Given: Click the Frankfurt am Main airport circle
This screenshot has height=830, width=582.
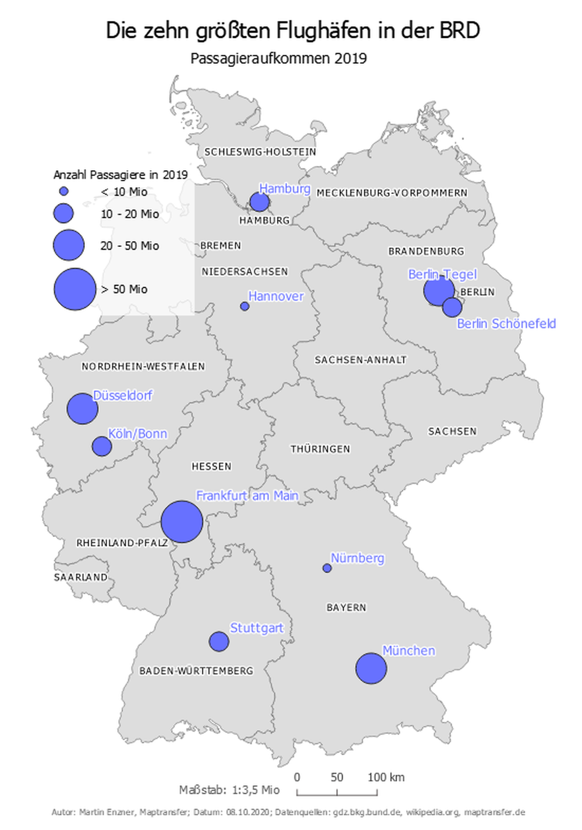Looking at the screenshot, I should coord(182,522).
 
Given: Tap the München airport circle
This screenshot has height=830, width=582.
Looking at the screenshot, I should coord(371,668).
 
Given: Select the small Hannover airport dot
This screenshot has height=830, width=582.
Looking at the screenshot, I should coord(244,306).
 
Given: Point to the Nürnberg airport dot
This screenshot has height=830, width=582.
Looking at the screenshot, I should coord(327,568).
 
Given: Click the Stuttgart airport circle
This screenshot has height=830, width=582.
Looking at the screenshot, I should coord(219,641).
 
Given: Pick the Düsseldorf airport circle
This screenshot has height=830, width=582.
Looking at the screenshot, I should coord(82,408).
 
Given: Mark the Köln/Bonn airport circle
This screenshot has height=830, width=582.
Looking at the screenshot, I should coord(102,447).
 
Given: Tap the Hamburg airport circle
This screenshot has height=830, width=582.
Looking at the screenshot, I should coord(259,202).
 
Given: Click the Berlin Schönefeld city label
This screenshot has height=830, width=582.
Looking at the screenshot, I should coord(506,324).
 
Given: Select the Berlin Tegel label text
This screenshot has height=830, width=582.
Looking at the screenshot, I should coord(442,274).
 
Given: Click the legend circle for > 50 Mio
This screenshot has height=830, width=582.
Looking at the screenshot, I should coord(74,289).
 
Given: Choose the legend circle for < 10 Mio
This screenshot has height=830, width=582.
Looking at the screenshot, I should coord(64,191).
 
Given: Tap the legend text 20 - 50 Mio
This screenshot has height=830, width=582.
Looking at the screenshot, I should coord(130,246).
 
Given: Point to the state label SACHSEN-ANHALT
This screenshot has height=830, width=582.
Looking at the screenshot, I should coord(360,360).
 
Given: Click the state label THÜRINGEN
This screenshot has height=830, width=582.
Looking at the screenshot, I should coord(320,449).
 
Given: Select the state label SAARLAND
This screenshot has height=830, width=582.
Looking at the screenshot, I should coord(80,577).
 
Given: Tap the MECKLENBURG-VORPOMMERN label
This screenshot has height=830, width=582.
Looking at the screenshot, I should coord(392,193).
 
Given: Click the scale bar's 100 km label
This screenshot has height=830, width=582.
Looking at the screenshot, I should coord(386,777).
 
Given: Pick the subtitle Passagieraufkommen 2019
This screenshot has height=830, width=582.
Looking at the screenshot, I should coord(278,58).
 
